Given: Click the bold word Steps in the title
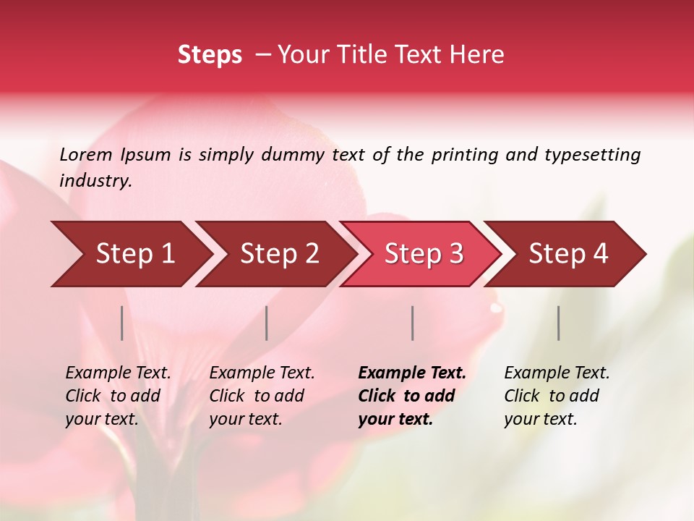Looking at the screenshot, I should coord(210,55).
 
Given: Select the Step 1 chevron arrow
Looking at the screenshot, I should coord(130,254).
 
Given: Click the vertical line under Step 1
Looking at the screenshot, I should coord(122,323).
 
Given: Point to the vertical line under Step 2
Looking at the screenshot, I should coord(267,323).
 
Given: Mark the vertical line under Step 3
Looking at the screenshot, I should coord(412,323).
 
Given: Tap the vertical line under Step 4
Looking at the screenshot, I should coord(558,323).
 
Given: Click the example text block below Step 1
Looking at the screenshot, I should coord(118,396).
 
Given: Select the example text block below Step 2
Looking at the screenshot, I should coord(262,396).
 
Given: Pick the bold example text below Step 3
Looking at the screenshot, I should coord(411,396).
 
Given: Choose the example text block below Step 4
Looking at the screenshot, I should coord(557,396).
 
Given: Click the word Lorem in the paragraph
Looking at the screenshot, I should coord(86,154).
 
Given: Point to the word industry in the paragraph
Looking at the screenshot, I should coord(95,181).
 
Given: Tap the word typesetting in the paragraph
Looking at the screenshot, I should coord(593,154).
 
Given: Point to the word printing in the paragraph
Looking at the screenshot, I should coord(465,154).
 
